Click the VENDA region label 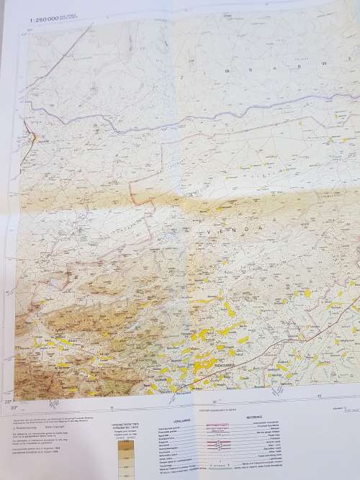tap(230, 227)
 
